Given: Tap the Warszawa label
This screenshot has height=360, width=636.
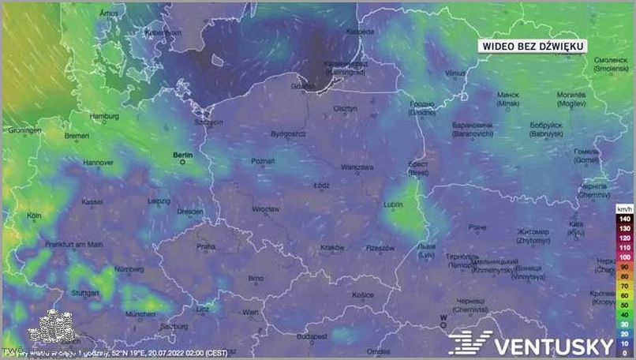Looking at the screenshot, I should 357,167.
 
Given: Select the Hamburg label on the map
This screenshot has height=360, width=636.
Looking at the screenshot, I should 104,116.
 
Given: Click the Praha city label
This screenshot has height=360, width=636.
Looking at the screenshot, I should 206,246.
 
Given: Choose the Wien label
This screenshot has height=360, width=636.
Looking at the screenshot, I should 249,313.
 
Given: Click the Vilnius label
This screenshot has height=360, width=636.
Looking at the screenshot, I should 455,73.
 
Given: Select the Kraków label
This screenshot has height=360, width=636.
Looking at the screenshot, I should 332,248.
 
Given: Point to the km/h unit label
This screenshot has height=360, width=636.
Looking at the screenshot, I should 623,208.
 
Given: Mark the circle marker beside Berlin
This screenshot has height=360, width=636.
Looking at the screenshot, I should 183,162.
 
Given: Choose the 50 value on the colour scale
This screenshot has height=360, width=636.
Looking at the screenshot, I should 623,303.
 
